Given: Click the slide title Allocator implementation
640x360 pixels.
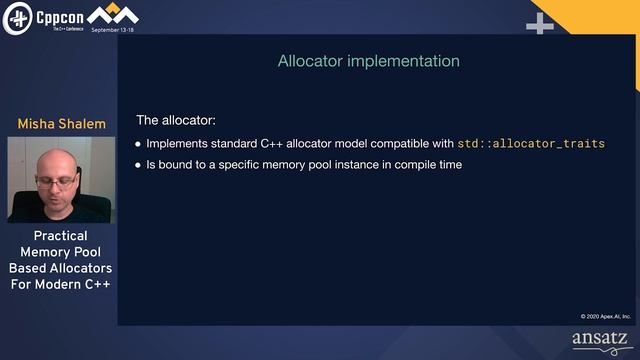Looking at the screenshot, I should [368, 61].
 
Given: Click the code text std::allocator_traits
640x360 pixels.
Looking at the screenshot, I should [531, 143].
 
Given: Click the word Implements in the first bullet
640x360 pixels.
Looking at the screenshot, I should [179, 143].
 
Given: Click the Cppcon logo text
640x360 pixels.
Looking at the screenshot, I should [59, 16].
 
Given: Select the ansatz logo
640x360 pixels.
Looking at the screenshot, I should [602, 340].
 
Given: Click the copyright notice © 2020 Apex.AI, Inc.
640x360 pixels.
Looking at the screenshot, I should [603, 316].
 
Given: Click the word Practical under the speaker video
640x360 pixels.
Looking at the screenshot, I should [60, 236].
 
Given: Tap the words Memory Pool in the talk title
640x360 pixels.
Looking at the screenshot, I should [60, 252].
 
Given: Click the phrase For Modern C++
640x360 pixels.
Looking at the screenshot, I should [60, 284].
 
